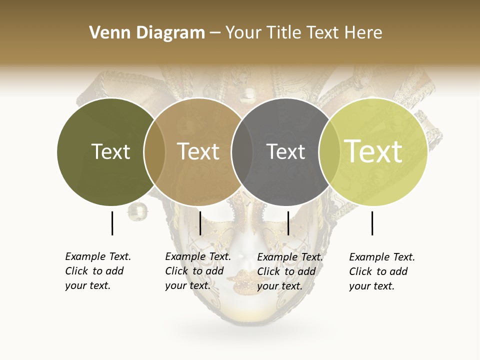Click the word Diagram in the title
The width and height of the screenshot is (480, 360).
click(170, 33)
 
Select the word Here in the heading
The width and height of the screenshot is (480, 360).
click(363, 32)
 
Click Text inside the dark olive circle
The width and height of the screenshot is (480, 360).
click(110, 151)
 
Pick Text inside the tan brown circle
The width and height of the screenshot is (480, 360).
click(198, 151)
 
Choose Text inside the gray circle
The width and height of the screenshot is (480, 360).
click(285, 151)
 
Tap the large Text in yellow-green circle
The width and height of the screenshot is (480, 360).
click(373, 151)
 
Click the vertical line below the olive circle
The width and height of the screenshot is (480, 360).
click(112, 223)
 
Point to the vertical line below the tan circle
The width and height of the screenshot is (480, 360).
click(200, 223)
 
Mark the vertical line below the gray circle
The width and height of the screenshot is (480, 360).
click(288, 223)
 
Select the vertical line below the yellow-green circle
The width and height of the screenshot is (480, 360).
click(372, 223)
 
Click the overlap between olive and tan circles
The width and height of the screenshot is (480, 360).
click(154, 151)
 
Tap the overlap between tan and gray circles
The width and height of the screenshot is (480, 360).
click(242, 151)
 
